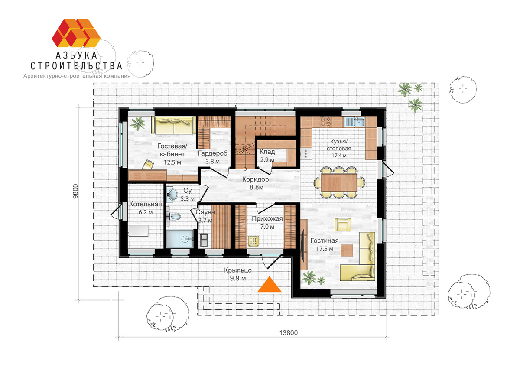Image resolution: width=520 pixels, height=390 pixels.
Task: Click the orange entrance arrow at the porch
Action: click(x=270, y=285)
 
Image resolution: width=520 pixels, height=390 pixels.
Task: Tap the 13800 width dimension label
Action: click(x=288, y=333)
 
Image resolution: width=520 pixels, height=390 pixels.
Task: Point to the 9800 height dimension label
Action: click(x=75, y=192)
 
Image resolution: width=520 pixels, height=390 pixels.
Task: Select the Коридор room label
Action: click(x=255, y=179)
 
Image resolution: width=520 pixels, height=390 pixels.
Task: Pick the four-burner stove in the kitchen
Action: click(x=325, y=122)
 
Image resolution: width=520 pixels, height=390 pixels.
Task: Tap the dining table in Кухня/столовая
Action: click(x=339, y=182)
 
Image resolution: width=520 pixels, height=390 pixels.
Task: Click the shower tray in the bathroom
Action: click(x=180, y=238)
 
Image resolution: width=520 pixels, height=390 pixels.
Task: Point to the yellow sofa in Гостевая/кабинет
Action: click(x=174, y=126)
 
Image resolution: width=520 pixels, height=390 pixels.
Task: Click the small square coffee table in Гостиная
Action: click(x=347, y=250)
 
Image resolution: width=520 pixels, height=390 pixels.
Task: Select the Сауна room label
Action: click(x=205, y=212)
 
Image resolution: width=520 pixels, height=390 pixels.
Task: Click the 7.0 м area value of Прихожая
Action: click(x=267, y=227)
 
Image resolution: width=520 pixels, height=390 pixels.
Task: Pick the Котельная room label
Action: click(x=146, y=204)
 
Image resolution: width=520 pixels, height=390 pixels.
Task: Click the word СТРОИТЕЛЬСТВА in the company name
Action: click(x=76, y=66)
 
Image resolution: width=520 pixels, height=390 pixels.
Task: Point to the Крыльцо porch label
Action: click(x=238, y=270)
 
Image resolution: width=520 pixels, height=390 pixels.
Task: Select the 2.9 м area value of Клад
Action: click(x=267, y=160)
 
